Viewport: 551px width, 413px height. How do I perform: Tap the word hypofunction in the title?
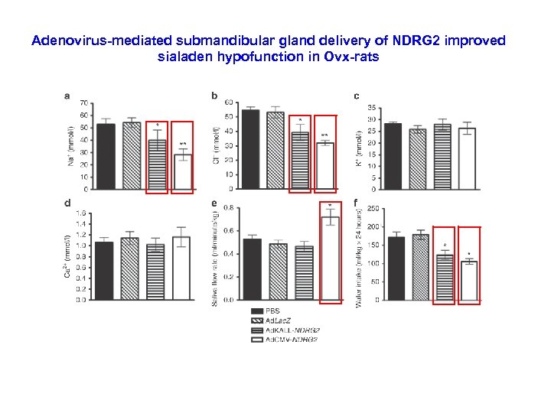(x=246, y=56)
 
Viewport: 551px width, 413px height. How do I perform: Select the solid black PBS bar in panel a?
(x=106, y=156)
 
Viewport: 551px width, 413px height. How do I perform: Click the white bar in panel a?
(x=182, y=171)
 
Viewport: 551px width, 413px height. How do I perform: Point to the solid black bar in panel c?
(x=393, y=156)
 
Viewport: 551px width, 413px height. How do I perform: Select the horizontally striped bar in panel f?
(x=445, y=277)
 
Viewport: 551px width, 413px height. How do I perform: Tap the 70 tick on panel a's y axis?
(x=84, y=102)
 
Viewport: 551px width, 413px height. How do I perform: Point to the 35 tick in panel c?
(x=371, y=108)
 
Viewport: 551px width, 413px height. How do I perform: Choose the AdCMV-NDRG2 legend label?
(x=293, y=337)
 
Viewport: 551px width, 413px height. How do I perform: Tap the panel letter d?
(x=68, y=203)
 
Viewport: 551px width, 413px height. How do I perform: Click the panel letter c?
(x=357, y=96)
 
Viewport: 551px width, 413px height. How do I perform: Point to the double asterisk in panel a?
(x=182, y=144)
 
